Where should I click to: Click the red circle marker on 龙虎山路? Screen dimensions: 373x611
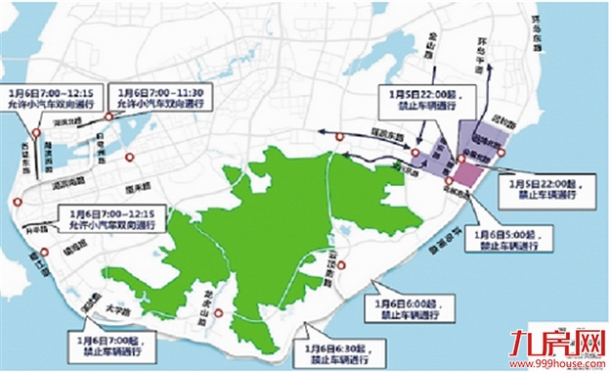220,314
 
